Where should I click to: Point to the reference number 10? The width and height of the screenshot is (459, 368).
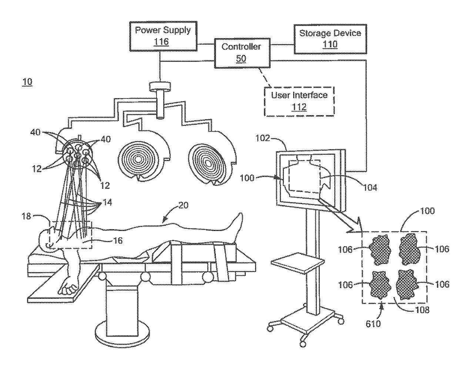(27, 82)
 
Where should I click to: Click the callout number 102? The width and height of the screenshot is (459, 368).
(262, 138)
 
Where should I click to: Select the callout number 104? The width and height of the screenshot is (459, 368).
(370, 188)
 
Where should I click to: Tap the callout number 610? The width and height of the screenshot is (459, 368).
(373, 324)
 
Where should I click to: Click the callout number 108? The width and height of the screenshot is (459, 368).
(422, 310)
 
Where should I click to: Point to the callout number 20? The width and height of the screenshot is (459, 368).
(184, 205)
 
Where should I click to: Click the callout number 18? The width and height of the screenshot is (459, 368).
(26, 216)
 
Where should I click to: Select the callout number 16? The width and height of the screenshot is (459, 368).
(118, 241)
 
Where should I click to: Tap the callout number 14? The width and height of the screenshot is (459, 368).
(107, 202)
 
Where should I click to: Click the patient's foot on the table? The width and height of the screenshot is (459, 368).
(237, 226)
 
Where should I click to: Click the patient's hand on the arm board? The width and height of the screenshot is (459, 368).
(68, 286)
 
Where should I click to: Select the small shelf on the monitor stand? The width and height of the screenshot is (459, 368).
(297, 263)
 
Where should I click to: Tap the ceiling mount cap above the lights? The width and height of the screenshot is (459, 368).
(160, 86)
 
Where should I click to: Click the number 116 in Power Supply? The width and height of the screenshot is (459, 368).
(161, 41)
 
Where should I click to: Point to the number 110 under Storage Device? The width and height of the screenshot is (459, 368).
(330, 44)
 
